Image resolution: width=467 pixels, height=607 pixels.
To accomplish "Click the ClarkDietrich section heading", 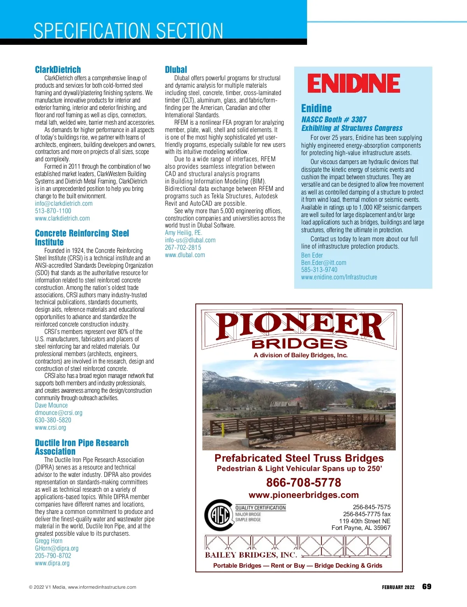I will tap(58, 70).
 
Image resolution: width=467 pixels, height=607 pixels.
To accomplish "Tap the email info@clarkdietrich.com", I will tap(64, 203).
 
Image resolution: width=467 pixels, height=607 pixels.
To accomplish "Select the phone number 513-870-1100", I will tap(53, 211).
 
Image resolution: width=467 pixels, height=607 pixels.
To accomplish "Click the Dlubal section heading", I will tap(176, 70).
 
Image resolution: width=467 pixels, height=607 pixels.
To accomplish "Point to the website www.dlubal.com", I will tap(185, 255).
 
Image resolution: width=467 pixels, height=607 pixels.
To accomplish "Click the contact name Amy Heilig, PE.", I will tap(183, 233).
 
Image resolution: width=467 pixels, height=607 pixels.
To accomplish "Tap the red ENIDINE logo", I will tap(353, 83).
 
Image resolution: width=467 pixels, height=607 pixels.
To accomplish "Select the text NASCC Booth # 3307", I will tap(334, 120).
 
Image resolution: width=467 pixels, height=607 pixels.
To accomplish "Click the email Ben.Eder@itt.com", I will tap(323, 263).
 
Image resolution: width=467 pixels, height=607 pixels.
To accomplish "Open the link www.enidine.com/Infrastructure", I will tap(339, 277).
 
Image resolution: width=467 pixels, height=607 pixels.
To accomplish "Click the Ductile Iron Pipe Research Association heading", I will tap(82, 447).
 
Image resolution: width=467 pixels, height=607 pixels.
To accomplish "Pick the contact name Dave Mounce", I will tap(51, 405).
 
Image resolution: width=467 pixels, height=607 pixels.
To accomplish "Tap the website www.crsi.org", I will tap(51, 427).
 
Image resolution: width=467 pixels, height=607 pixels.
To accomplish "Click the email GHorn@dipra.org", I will tap(57, 548).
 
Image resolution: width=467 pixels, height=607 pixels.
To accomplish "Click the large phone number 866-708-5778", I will tap(304, 483).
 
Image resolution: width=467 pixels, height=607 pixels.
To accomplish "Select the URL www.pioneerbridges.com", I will tap(304, 495).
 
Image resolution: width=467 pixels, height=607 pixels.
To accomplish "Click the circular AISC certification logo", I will tap(218, 515).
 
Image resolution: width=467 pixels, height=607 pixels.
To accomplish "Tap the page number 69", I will tap(427, 587).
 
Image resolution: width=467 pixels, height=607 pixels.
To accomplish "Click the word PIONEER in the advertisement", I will tap(300, 326).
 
